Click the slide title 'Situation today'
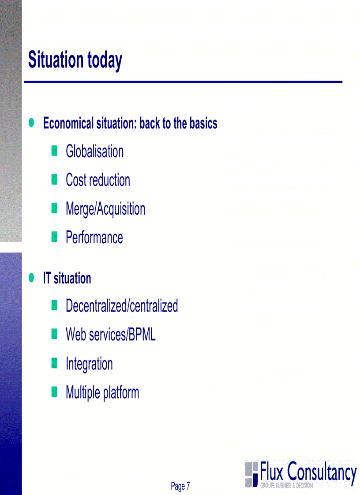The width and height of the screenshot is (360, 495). coord(75,60)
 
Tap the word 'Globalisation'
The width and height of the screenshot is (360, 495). coord(94,152)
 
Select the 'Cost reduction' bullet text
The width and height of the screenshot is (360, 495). coord(97,180)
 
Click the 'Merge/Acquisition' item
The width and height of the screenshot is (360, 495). coord(105,209)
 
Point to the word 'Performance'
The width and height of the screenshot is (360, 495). coord(94,238)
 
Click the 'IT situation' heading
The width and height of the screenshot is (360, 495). coord(67,278)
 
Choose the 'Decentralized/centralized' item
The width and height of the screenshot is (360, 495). coord(121,306)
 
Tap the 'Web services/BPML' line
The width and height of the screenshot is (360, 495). coord(110,335)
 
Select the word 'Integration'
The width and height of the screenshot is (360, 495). coord(89,364)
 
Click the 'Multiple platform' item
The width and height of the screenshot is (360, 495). coord(102,392)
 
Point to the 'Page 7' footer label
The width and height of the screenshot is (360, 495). coord(180,486)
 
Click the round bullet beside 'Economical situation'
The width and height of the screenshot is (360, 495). coord(31,123)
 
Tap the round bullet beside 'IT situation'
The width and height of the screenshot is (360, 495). coord(31,277)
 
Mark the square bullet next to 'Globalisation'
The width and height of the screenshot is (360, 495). coord(54,151)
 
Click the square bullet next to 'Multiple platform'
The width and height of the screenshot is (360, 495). coord(54,391)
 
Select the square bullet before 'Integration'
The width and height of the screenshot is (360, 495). coord(54,363)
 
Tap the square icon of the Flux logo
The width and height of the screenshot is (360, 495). coord(251,474)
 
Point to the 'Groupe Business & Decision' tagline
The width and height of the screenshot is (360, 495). coord(286,485)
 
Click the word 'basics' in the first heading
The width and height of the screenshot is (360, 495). coord(203,123)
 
